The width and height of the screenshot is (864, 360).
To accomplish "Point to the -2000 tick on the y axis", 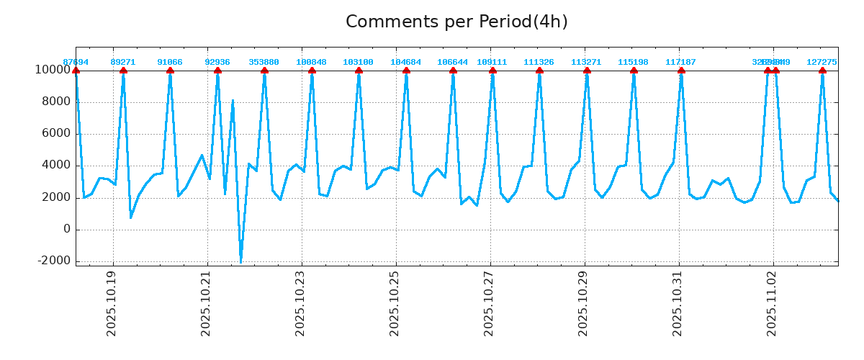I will click(55, 261).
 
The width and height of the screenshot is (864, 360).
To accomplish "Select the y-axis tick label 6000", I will click(56, 133).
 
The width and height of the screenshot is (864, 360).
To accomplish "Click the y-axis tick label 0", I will click(67, 229).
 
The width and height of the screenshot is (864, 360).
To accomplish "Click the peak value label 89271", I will click(123, 62).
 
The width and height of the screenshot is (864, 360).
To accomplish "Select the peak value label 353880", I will click(264, 62).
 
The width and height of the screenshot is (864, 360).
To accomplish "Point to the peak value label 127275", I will click(822, 62).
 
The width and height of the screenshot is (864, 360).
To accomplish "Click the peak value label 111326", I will click(539, 62).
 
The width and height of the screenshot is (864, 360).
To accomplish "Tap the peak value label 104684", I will click(406, 62).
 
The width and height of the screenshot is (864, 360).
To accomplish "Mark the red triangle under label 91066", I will click(170, 70).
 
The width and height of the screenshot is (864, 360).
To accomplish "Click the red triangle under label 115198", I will click(634, 70).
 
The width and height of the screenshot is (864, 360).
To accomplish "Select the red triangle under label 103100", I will click(359, 70).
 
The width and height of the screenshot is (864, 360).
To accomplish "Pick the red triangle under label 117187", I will click(681, 70).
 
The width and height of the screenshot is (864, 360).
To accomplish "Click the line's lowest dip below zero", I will click(240, 261).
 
